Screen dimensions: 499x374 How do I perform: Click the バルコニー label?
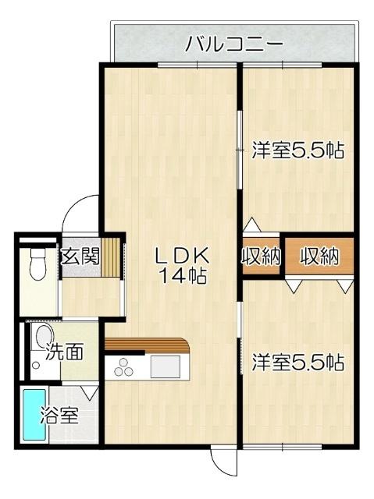coord(233,44)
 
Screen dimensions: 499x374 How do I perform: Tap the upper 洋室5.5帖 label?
coord(298,150)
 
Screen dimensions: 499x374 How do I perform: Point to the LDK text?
coord(180,254)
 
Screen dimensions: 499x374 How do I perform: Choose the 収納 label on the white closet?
coord(260,257)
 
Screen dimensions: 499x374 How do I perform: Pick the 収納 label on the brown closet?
coord(319,257)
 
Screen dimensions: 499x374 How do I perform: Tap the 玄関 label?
coord(80,256)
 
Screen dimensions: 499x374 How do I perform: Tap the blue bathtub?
coord(33,416)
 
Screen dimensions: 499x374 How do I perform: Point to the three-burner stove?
coord(125,366)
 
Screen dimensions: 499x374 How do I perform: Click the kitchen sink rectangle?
coord(166,364)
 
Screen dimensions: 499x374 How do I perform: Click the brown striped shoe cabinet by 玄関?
coord(115,257)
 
